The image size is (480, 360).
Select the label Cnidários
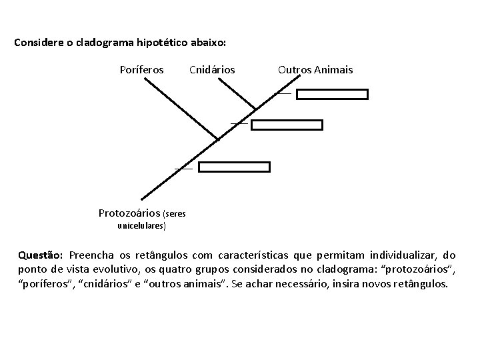click(212, 69)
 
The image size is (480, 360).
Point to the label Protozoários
click(129, 213)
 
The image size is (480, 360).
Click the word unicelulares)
click(142, 225)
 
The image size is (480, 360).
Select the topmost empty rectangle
click(332, 94)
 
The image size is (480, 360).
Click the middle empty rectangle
click(287, 125)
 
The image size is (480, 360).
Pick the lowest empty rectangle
click(235, 167)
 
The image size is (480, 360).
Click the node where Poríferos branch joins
click(217, 140)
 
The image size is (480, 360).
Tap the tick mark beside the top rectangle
click(284, 94)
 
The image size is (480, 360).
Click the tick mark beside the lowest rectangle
click(183, 169)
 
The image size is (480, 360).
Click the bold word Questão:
click(41, 255)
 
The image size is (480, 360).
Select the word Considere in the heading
click(37, 43)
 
